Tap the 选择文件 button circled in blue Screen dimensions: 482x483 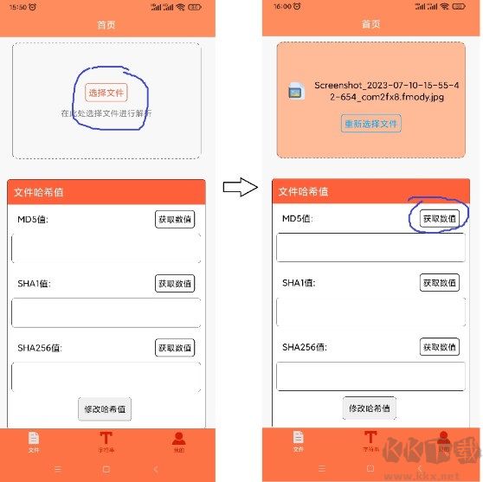coord(106,93)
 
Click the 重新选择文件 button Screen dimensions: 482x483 coord(370,124)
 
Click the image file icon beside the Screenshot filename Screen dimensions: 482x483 coord(296,91)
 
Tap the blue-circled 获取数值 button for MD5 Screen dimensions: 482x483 coord(440,219)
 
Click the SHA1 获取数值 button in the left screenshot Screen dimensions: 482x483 coord(175,283)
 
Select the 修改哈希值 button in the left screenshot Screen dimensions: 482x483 coord(105,408)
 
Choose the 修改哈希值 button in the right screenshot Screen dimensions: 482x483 coord(370,408)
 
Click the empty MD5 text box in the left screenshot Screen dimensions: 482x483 coord(106,247)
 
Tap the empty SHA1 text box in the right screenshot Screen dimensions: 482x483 coord(370,312)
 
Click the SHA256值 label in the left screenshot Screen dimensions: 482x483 coord(40,348)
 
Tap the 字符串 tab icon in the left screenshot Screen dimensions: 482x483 coord(106,439)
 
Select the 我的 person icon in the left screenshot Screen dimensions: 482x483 coord(178,439)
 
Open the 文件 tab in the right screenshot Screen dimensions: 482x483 coord(298,441)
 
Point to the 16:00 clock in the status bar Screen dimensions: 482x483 coord(282,6)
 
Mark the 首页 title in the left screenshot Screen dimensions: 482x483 coord(106,25)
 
